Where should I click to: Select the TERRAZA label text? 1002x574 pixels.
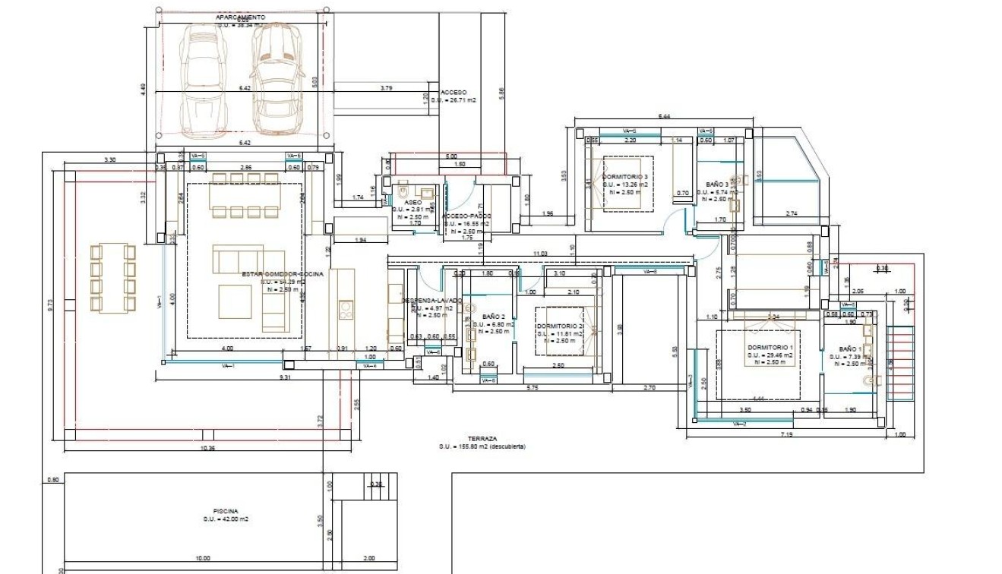tap(482, 439)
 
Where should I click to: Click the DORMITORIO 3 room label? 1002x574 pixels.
tap(624, 177)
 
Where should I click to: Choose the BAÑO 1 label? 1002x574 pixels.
tap(849, 349)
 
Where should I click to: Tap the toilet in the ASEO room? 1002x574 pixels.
tap(401, 194)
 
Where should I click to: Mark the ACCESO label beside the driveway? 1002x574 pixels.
tap(454, 92)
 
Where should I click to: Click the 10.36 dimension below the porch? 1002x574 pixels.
tap(207, 449)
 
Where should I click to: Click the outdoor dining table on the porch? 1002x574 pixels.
tap(112, 278)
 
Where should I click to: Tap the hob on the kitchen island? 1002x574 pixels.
tap(345, 309)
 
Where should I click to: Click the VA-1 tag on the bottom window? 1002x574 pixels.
tap(227, 366)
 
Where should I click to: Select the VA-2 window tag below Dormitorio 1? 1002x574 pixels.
tap(739, 424)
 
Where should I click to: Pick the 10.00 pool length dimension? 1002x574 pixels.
tap(202, 558)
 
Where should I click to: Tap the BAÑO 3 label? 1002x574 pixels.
tap(717, 184)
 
